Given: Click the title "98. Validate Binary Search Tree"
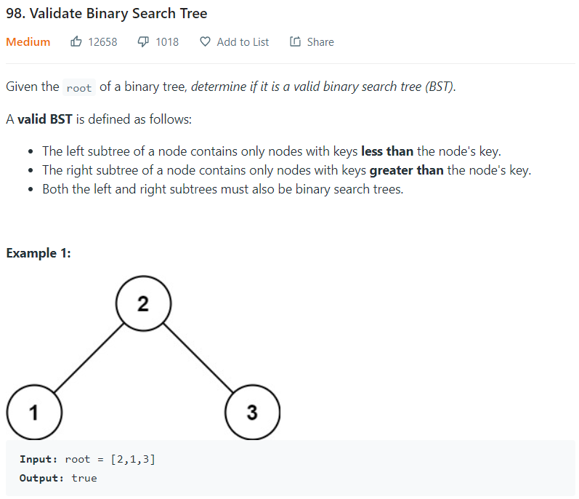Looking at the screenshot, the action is tap(106, 14).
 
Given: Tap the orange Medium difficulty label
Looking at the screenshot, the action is tap(28, 42).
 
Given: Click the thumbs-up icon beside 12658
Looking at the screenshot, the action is tap(76, 42).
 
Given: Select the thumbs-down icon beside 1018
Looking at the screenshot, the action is tap(144, 42).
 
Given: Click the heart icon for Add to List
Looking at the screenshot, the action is tap(205, 42).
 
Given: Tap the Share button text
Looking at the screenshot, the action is tap(320, 42).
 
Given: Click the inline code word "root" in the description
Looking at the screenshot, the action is tap(79, 88).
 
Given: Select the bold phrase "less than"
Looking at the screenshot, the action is tap(387, 151).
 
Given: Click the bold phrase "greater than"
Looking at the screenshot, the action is tap(407, 171).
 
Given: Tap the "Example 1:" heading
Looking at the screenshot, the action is tap(39, 253).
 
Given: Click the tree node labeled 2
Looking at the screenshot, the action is tap(143, 303).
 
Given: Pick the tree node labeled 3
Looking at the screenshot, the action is tap(252, 412).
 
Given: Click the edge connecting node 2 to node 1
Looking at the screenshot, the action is tap(88, 358).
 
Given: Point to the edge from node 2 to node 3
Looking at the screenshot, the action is tap(198, 358).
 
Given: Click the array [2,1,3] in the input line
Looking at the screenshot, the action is tap(133, 459).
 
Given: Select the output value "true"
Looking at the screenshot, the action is tap(84, 478).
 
